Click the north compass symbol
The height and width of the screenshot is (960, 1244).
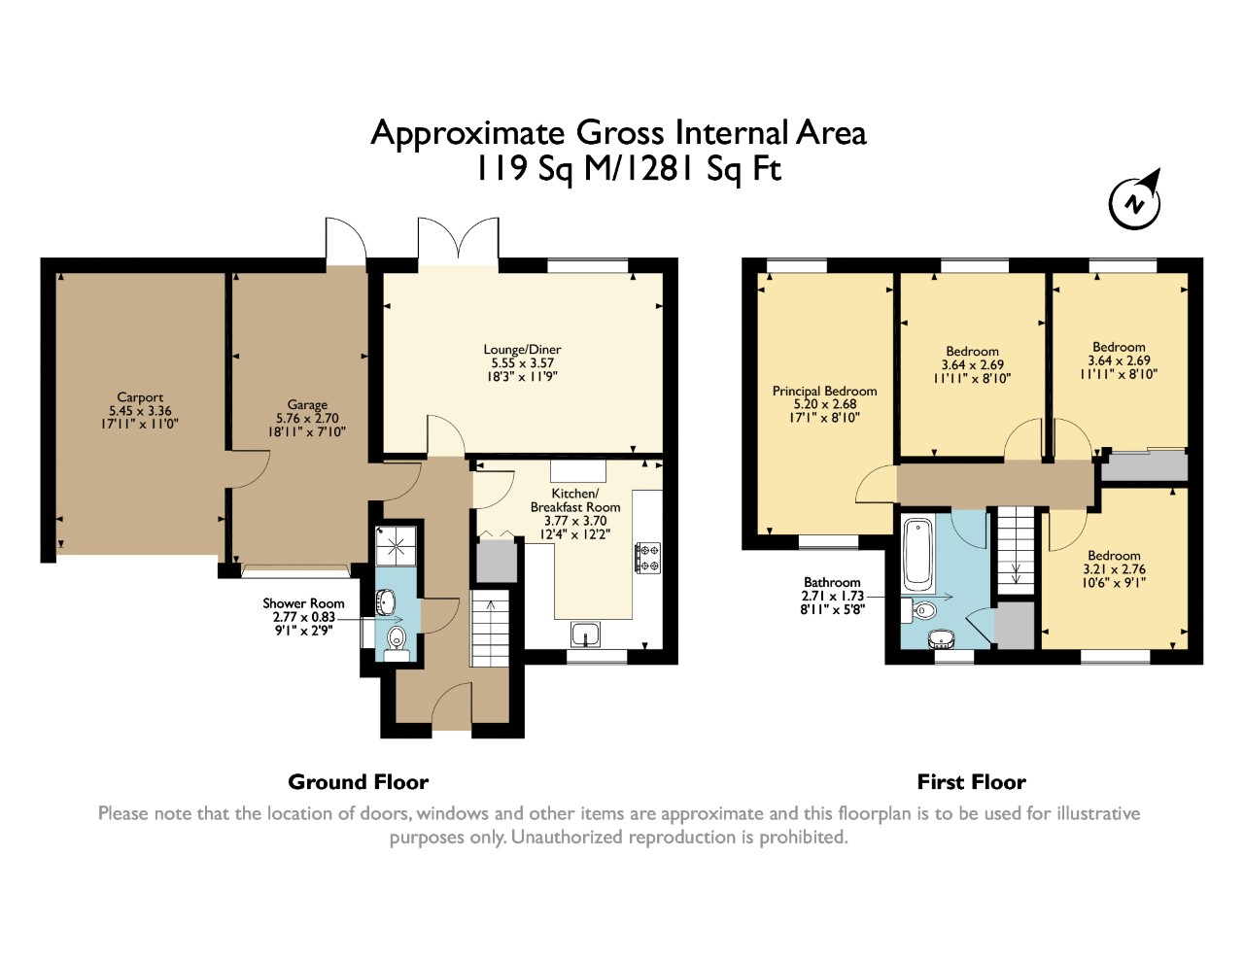click(x=1135, y=202)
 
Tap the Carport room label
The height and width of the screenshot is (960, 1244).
click(x=140, y=396)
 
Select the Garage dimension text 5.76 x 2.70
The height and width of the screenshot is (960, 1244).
click(x=307, y=418)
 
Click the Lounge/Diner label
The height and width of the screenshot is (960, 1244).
click(x=522, y=349)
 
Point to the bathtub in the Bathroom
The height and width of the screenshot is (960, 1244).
click(x=917, y=555)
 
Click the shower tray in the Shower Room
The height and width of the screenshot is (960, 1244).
click(x=396, y=546)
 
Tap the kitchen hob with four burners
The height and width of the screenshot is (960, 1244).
click(x=647, y=558)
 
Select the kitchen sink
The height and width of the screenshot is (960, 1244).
click(x=585, y=634)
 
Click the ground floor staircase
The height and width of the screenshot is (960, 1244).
click(x=490, y=628)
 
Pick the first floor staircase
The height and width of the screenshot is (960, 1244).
click(x=1016, y=551)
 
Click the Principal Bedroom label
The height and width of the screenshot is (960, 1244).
click(x=824, y=391)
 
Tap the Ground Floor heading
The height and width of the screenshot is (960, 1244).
click(x=358, y=782)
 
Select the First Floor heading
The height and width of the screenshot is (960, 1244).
click(x=972, y=782)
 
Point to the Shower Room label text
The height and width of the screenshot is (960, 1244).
click(x=303, y=603)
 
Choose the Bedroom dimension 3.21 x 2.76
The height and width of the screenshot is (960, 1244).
click(x=1114, y=569)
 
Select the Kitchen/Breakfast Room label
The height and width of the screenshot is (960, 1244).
click(x=575, y=500)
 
